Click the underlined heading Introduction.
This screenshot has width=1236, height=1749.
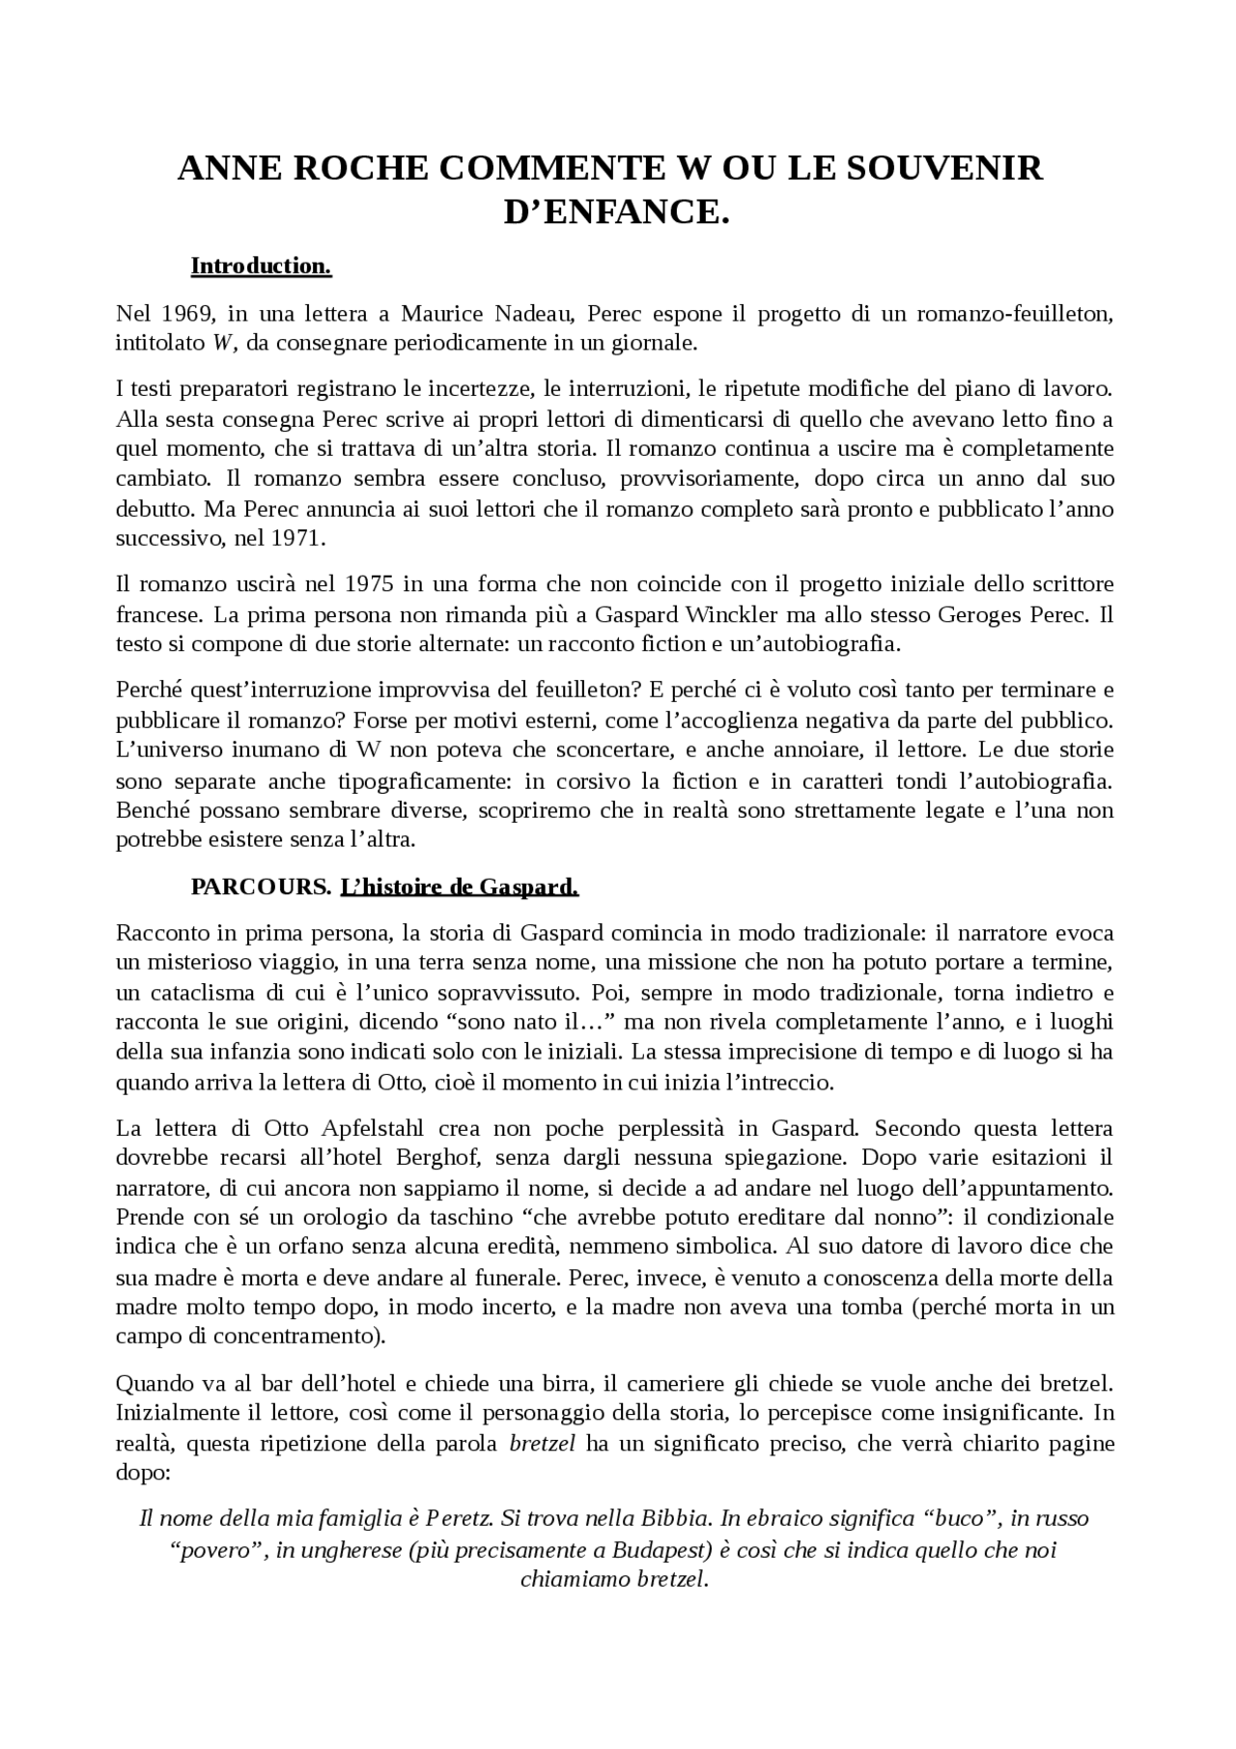click(261, 266)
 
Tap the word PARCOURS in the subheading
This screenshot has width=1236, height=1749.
click(261, 887)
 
